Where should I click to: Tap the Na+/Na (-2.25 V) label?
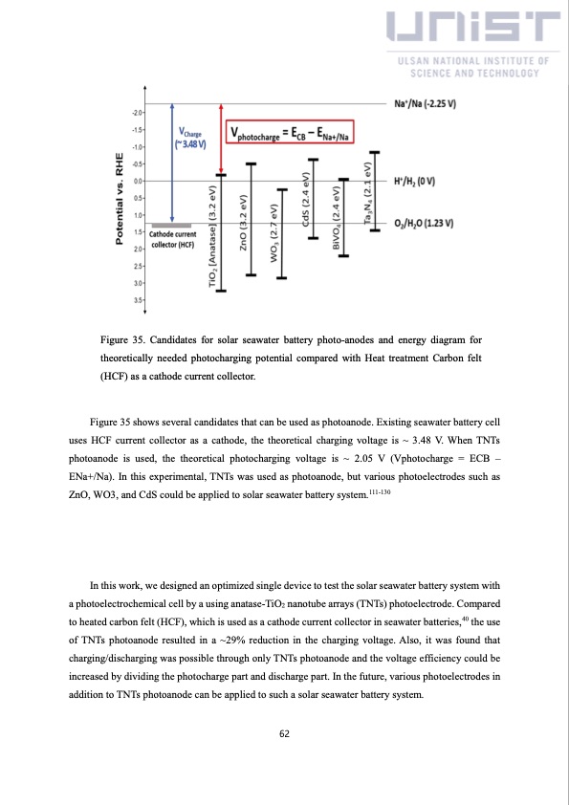425,102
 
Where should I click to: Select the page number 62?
284,733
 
